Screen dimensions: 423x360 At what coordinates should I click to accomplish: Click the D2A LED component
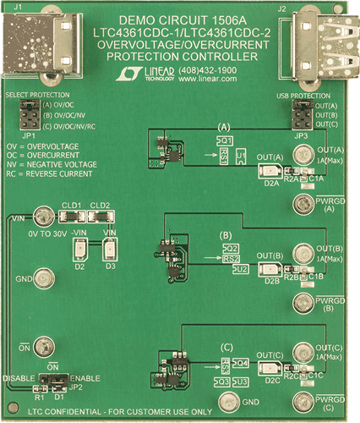point(267,169)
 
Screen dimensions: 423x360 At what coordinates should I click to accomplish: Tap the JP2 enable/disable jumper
point(52,378)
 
